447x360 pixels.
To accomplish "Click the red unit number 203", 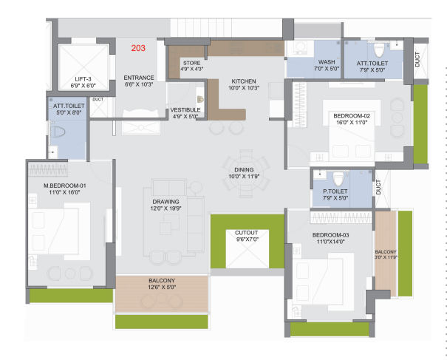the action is (138, 48).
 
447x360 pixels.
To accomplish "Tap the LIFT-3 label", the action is (83, 79).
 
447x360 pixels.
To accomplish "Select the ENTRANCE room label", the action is (139, 78).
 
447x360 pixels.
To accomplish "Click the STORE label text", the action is (191, 63).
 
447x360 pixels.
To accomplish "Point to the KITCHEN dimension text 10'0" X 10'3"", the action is (244, 88).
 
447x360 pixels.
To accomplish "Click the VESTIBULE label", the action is (185, 110).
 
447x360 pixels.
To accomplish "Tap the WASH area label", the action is (327, 62).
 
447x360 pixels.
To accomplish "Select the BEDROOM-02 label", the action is (352, 116).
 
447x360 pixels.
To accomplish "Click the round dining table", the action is (246, 174).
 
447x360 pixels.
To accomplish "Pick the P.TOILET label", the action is (335, 191).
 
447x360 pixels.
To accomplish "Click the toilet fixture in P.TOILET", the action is (338, 178).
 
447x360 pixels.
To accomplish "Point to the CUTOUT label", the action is (246, 233).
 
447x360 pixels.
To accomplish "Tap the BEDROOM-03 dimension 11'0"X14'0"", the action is (331, 242).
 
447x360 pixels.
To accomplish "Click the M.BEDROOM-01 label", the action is (65, 186).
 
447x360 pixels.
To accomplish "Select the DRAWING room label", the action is (166, 202).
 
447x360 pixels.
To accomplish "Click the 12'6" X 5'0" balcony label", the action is (162, 287).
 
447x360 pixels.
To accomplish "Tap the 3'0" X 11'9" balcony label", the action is (386, 257).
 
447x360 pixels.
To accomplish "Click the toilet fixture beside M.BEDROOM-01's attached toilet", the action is (58, 132).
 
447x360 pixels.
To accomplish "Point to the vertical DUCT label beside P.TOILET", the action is (378, 187).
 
